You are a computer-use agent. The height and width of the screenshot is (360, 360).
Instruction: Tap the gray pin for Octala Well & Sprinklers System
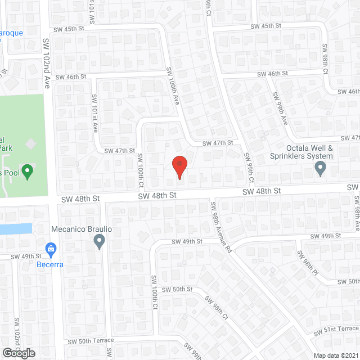321,168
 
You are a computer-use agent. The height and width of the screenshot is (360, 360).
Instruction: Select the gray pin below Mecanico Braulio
100,242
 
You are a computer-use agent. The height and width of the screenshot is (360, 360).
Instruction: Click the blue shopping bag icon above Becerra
51,248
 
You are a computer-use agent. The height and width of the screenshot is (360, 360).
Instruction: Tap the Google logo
18,353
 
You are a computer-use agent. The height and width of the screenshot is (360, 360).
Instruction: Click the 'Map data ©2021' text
335,355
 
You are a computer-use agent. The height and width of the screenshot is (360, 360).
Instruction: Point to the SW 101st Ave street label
95,113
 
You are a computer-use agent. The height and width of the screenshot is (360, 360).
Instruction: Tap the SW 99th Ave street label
280,108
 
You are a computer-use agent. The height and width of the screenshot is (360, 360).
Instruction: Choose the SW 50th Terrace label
91,341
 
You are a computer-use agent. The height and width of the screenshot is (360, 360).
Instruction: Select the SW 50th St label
177,289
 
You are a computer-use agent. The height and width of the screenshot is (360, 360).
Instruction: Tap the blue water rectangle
15,229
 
